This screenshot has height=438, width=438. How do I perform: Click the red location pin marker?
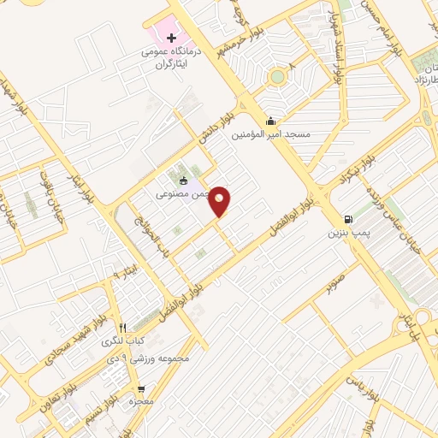click(x=221, y=202)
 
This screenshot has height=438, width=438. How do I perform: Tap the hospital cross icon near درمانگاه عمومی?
click(x=172, y=38)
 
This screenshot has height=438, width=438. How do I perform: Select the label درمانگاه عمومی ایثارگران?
click(x=175, y=56)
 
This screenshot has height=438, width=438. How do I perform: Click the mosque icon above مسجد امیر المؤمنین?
click(x=271, y=121)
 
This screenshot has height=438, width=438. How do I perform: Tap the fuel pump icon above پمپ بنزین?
click(x=347, y=218)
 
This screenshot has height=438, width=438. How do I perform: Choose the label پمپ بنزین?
click(x=348, y=232)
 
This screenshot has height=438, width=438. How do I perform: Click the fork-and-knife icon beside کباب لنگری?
click(x=123, y=327)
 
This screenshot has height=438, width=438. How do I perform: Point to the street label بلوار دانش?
click(x=217, y=125)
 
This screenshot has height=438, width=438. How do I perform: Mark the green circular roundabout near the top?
click(x=276, y=78)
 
